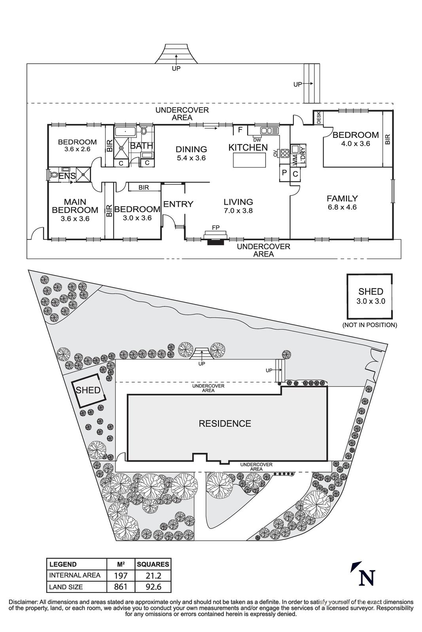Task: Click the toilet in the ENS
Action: pos(53,174)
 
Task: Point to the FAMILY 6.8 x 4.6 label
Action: pos(342,202)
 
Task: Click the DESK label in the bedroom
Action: pos(318,118)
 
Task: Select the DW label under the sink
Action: pos(257,139)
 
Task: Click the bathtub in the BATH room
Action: pos(125,131)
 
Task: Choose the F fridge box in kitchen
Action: pos(240,130)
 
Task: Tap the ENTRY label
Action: pos(178,204)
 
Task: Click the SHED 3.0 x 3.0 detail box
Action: pos(370,296)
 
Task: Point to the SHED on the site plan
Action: pos(88,390)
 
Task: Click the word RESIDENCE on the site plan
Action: pos(225,424)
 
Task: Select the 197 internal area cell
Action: pos(121,575)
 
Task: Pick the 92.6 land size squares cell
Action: pos(153,587)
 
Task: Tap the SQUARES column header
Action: pos(153,564)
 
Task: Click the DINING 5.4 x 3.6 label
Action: pos(191,153)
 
